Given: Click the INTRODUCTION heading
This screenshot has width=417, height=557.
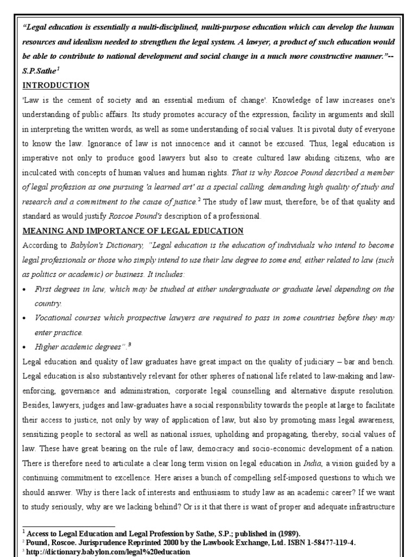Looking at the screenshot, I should (56, 86).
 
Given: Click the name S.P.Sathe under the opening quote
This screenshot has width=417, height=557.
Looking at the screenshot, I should (40, 71).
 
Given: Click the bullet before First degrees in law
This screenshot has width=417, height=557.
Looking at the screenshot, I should (26, 289).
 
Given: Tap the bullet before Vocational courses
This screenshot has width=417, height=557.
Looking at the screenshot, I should (26, 318).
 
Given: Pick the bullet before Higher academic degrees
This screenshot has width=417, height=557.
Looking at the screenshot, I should (26, 347).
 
